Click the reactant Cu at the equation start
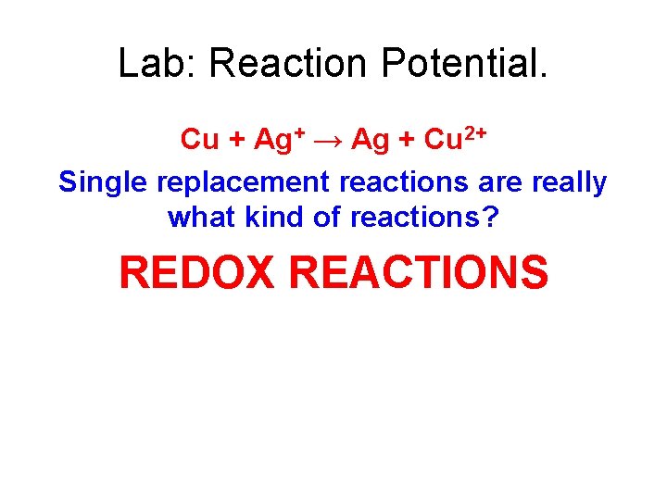tap(199, 139)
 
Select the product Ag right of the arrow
tap(371, 140)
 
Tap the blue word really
tap(569, 183)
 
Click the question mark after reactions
tap(491, 218)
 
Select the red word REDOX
tap(199, 272)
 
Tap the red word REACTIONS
tap(418, 272)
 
